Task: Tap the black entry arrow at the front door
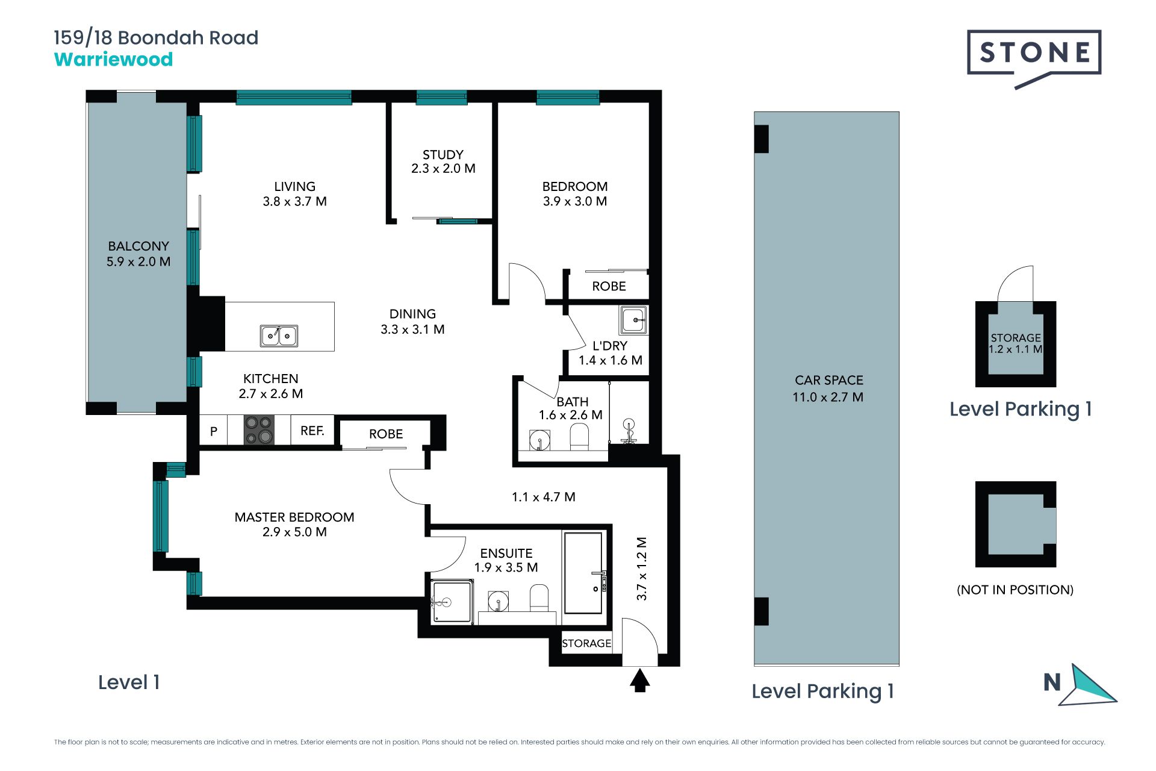pyautogui.click(x=640, y=681)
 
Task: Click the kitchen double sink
pyautogui.click(x=279, y=336)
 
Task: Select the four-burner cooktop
pyautogui.click(x=259, y=430)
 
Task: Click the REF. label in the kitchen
pyautogui.click(x=312, y=431)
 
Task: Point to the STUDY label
pyautogui.click(x=443, y=155)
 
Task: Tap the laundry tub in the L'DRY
pyautogui.click(x=633, y=320)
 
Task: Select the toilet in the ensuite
pyautogui.click(x=539, y=598)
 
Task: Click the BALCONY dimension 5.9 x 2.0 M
pyautogui.click(x=138, y=261)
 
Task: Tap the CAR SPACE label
pyautogui.click(x=829, y=380)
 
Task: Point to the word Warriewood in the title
pyautogui.click(x=114, y=60)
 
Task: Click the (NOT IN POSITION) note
pyautogui.click(x=1015, y=590)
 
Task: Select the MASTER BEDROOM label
pyautogui.click(x=294, y=517)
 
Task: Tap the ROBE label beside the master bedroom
pyautogui.click(x=386, y=434)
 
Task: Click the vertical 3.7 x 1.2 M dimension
pyautogui.click(x=642, y=569)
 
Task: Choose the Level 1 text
pyautogui.click(x=129, y=682)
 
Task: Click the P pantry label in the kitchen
pyautogui.click(x=214, y=431)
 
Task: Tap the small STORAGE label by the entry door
pyautogui.click(x=586, y=643)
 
